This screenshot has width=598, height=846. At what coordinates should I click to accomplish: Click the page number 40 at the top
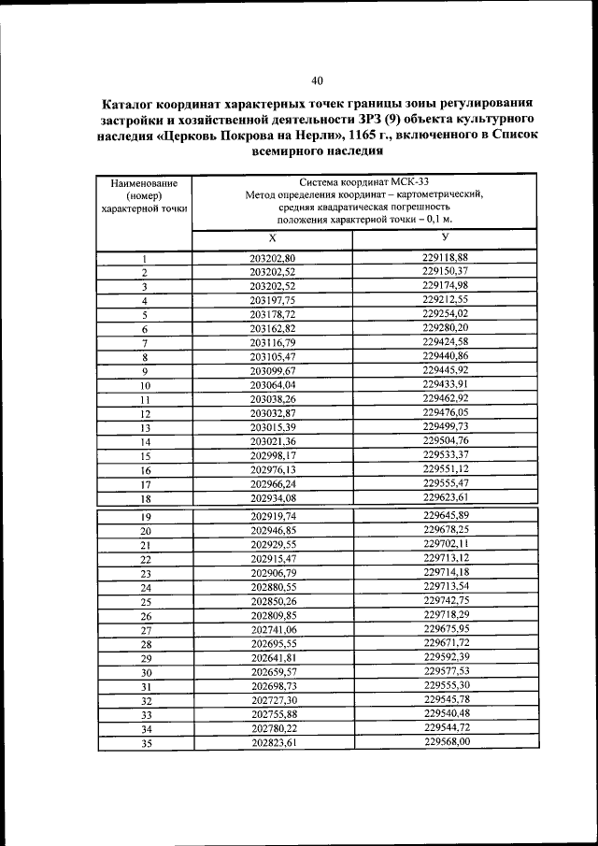[318, 80]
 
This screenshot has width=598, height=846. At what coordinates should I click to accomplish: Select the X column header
[272, 239]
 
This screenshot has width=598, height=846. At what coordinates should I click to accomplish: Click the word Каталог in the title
[134, 103]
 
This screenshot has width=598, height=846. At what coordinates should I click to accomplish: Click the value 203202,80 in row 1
[273, 258]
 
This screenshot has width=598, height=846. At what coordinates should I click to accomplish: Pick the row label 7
[145, 344]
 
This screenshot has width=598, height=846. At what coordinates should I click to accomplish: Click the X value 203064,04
[273, 385]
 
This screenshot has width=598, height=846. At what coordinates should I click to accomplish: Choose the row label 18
[145, 499]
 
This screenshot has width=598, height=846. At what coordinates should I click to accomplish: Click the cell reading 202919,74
[274, 516]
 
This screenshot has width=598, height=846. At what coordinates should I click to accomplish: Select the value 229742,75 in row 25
[446, 600]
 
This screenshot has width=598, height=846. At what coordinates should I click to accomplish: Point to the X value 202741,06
[274, 630]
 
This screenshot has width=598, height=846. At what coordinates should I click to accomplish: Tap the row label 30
[146, 673]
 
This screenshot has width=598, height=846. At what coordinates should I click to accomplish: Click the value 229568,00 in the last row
[446, 741]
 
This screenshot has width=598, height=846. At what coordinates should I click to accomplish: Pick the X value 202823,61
[274, 742]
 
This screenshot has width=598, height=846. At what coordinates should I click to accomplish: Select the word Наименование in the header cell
[145, 183]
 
